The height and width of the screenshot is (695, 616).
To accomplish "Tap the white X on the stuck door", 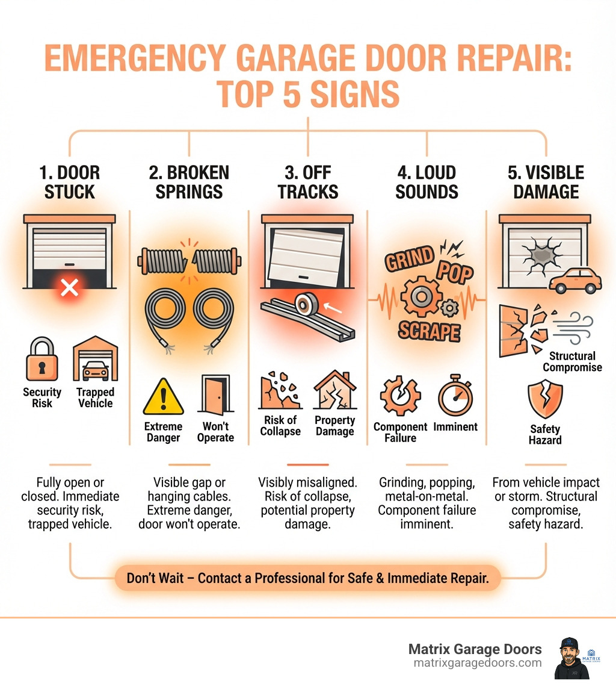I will click(70, 288).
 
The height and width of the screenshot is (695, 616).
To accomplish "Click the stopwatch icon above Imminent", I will click(455, 396).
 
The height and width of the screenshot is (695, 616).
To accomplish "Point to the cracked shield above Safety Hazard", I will click(545, 399).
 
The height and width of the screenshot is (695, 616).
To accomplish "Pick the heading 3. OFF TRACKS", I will click(307, 182).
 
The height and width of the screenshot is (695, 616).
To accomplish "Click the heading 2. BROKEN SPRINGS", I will click(189, 182).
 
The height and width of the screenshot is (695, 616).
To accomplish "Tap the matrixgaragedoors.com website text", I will click(477, 662).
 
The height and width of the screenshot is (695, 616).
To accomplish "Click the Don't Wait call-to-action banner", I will click(307, 578).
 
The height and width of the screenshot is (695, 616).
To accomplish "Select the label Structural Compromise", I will click(571, 361).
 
